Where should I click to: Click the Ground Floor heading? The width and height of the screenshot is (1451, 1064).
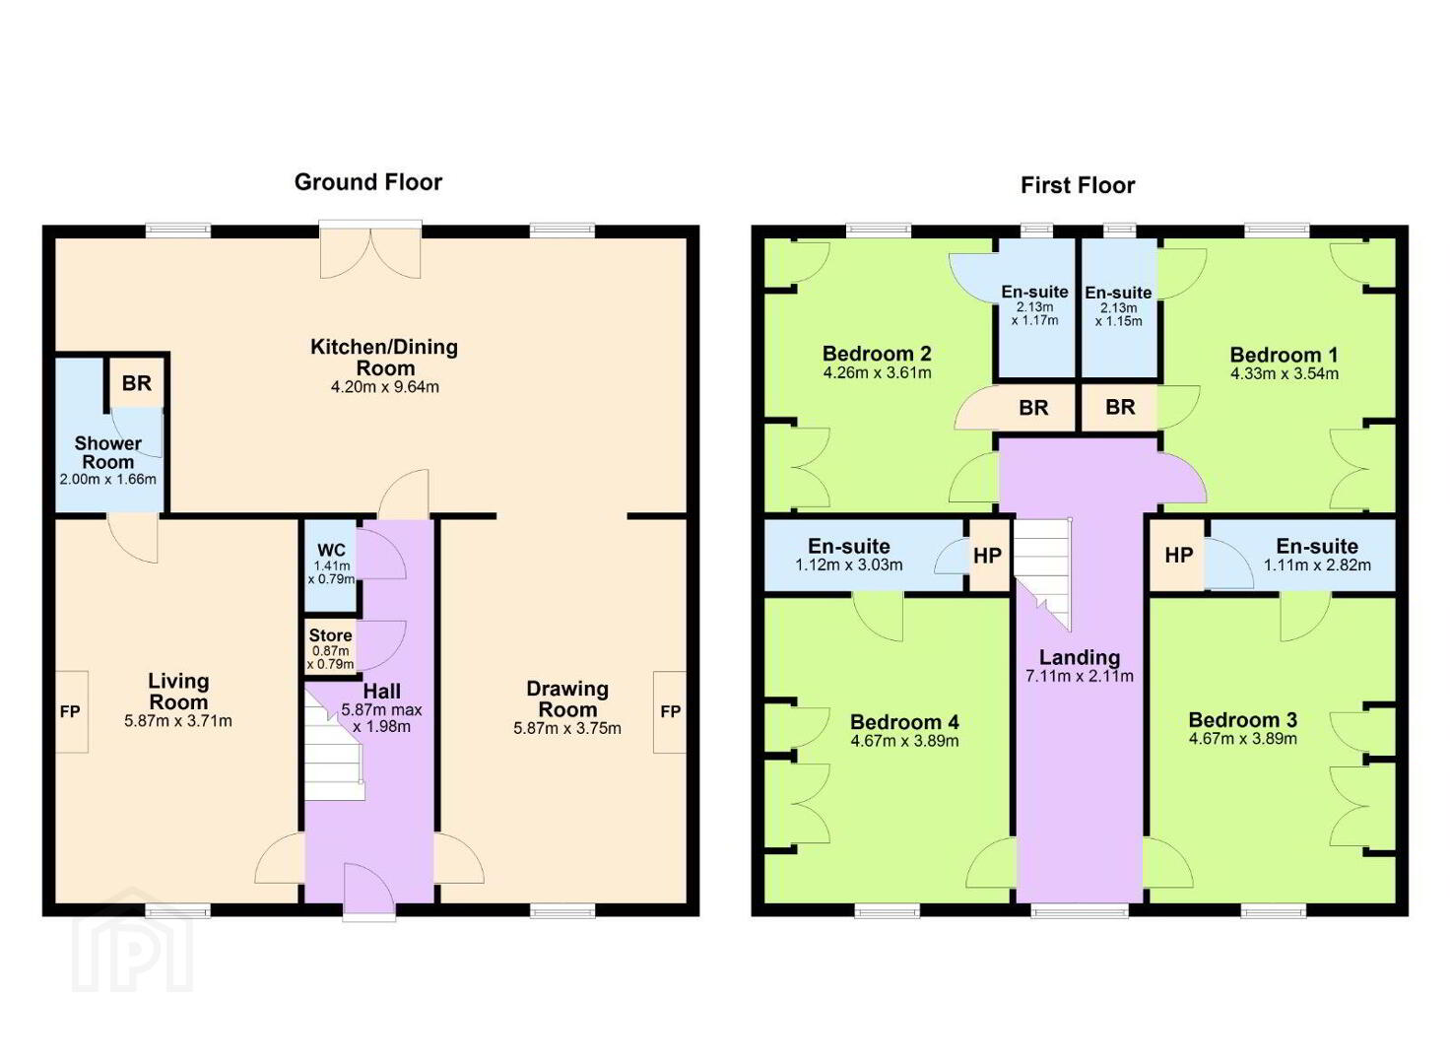pyautogui.click(x=368, y=182)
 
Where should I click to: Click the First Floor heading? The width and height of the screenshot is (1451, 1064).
pyautogui.click(x=1078, y=186)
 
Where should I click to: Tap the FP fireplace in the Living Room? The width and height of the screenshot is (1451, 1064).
pyautogui.click(x=71, y=711)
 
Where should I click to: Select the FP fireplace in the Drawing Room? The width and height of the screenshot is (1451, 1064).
pyautogui.click(x=670, y=711)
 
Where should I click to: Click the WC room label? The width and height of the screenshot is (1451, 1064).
pyautogui.click(x=331, y=552)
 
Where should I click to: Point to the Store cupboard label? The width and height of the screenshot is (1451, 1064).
pyautogui.click(x=330, y=635)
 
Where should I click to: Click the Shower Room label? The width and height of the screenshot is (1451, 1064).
pyautogui.click(x=108, y=452)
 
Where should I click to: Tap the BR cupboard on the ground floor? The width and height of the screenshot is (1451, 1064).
pyautogui.click(x=136, y=383)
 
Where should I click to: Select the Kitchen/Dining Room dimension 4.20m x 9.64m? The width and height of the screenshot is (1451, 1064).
pyautogui.click(x=385, y=387)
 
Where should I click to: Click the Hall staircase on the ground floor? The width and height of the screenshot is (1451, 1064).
pyautogui.click(x=333, y=745)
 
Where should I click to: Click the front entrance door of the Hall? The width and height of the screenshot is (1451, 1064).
pyautogui.click(x=369, y=890)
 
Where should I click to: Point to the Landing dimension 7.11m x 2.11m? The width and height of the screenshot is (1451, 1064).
pyautogui.click(x=1080, y=677)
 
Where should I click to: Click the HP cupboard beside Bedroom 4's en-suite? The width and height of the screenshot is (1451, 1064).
pyautogui.click(x=988, y=556)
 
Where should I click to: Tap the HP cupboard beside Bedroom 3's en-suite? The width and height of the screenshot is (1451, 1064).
pyautogui.click(x=1178, y=556)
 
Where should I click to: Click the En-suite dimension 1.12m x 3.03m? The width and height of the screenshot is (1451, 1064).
pyautogui.click(x=848, y=565)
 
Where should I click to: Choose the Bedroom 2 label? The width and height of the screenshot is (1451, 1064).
pyautogui.click(x=877, y=354)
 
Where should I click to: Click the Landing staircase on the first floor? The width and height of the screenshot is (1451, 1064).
pyautogui.click(x=1042, y=574)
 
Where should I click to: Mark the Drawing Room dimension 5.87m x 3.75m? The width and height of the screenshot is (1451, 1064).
pyautogui.click(x=567, y=728)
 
